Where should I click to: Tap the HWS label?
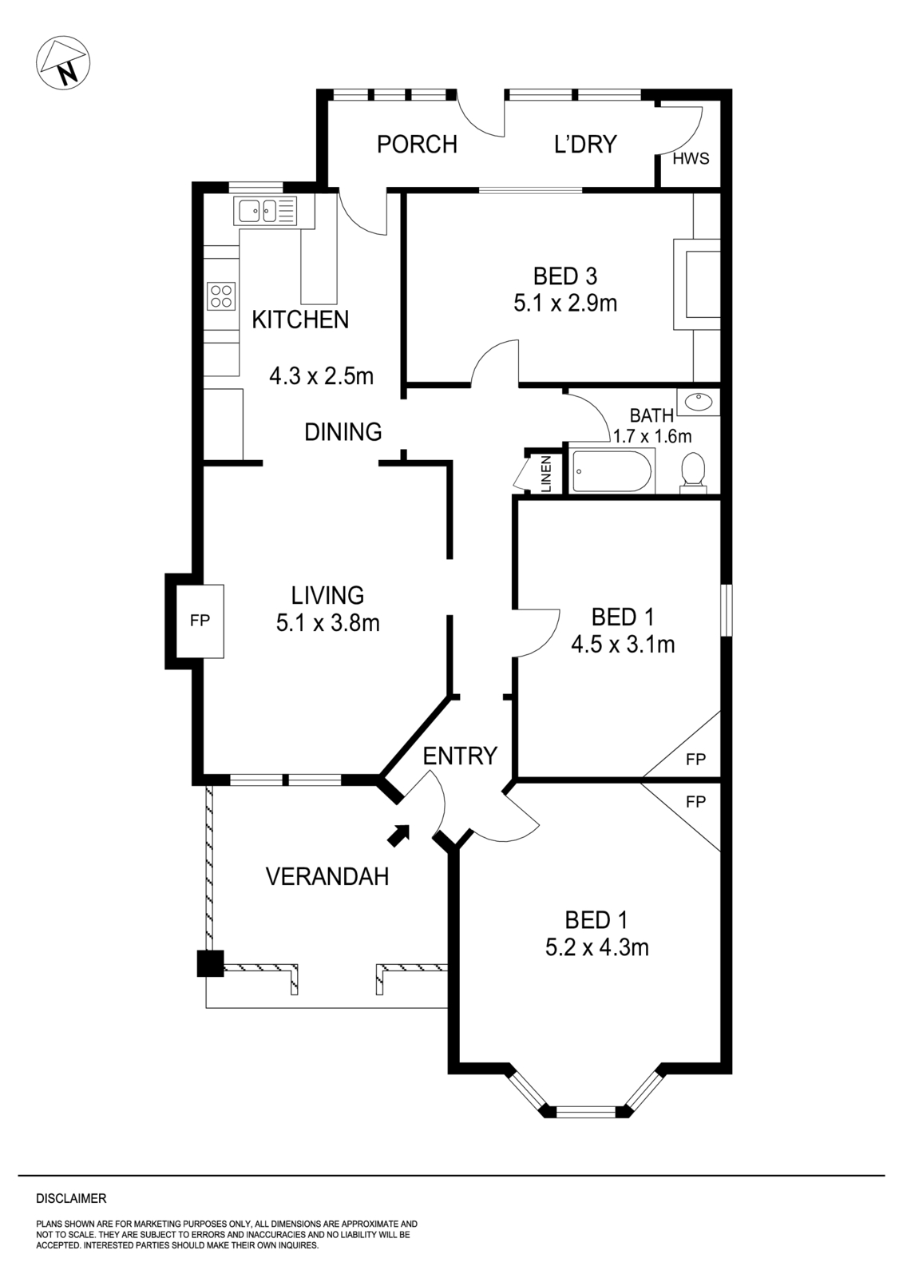[691, 158]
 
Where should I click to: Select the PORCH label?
[417, 145]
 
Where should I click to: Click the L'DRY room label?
[585, 145]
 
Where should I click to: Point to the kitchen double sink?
[264, 211]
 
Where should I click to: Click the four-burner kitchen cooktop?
[222, 296]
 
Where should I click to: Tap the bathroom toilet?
[691, 471]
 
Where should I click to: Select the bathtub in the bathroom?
[612, 471]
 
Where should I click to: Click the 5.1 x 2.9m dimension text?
[565, 304]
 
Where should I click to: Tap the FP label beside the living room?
[200, 621]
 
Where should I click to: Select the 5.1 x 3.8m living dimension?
[327, 623]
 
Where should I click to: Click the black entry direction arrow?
[398, 834]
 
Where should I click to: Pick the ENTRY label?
[460, 756]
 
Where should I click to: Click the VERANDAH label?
[327, 877]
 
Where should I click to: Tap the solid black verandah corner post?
[211, 962]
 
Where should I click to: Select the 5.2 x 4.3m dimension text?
[596, 948]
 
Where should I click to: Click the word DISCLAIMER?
[71, 1198]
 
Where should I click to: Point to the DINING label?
[343, 432]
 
